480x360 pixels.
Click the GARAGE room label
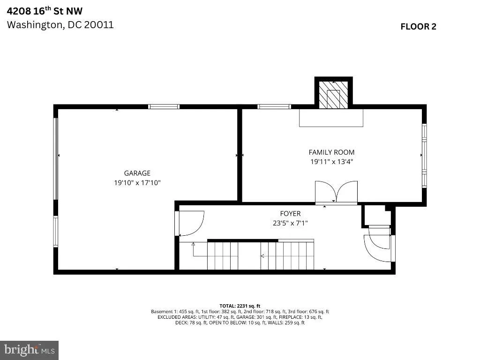[x=137, y=173]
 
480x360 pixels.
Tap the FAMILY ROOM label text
[x=331, y=152]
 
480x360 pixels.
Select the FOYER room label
[x=290, y=214]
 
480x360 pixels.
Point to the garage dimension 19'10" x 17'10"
[x=137, y=183]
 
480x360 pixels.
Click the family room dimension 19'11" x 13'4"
[x=331, y=162]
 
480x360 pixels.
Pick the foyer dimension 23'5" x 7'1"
[x=290, y=223]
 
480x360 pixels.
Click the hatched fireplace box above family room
[x=333, y=94]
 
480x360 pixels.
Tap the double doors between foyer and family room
[x=336, y=192]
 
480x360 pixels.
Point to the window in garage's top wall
[x=164, y=106]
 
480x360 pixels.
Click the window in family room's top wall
[x=274, y=106]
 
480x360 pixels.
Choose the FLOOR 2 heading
[x=418, y=27]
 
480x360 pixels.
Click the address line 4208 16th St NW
[x=45, y=11]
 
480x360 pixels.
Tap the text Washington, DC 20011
[x=60, y=24]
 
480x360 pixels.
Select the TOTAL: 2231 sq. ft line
[x=240, y=306]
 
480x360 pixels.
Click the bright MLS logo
[x=29, y=350]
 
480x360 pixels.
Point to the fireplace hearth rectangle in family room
[x=331, y=118]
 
